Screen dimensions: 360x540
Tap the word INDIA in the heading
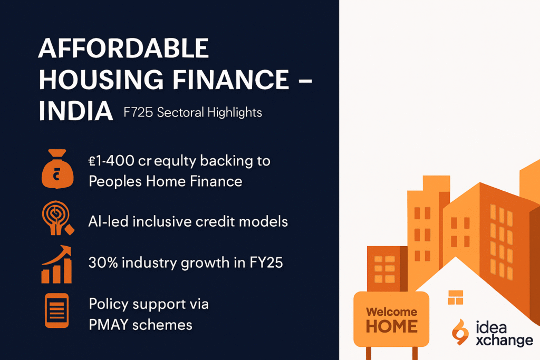coord(76,112)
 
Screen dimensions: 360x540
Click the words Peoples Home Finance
coord(166,181)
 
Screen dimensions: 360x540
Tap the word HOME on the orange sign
coord(392,327)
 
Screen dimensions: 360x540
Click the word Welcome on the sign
coord(392,312)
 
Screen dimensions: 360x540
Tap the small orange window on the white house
coord(455,297)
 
